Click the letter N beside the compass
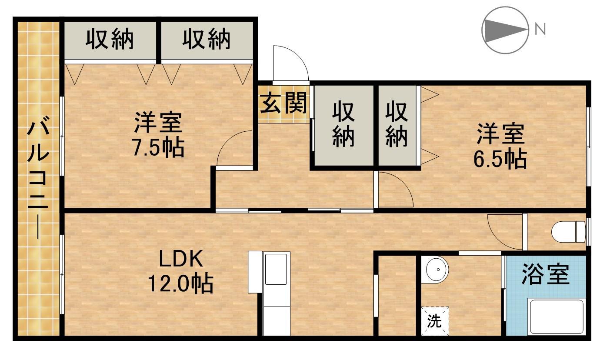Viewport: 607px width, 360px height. coord(540,30)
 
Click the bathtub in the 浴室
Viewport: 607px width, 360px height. coord(556,317)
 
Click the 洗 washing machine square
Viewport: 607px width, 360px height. coord(434,322)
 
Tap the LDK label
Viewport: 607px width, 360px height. coord(180,260)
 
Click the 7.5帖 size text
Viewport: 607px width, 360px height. coord(158,148)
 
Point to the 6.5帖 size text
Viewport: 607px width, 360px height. coord(500,160)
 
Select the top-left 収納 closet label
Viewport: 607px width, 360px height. coord(110,40)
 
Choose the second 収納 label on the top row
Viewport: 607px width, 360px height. coord(206,40)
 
